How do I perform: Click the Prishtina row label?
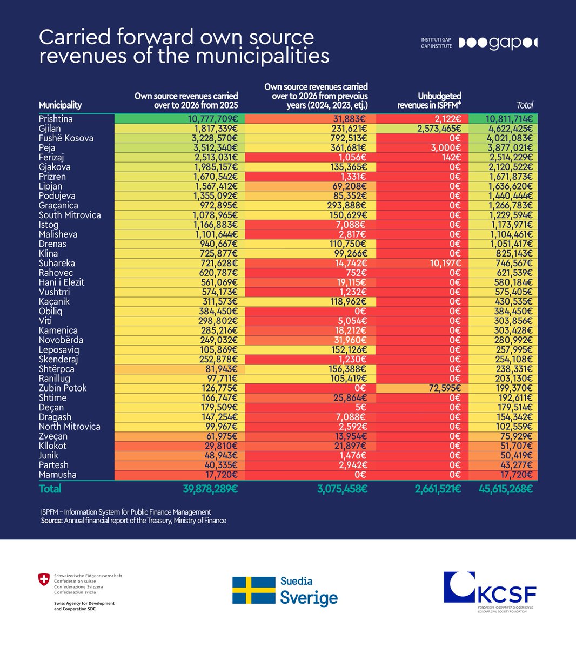coord(56,119)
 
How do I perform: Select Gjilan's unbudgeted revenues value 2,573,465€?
coord(439,129)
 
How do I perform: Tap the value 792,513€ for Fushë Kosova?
coord(349,138)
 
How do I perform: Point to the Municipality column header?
coord(60,105)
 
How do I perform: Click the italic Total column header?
coord(525,105)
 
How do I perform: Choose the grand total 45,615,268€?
coord(506,489)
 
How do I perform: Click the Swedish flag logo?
coord(254,590)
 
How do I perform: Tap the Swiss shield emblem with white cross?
coord(44,579)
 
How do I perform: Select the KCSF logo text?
coord(507,595)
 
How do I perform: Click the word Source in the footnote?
coord(51,521)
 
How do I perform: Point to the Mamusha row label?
coord(58,475)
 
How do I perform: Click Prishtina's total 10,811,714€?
coord(509,119)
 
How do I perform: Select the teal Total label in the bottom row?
coord(50,489)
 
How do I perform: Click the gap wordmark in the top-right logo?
coord(506,44)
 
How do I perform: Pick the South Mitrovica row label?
coord(70,215)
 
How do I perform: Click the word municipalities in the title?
coord(263,56)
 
